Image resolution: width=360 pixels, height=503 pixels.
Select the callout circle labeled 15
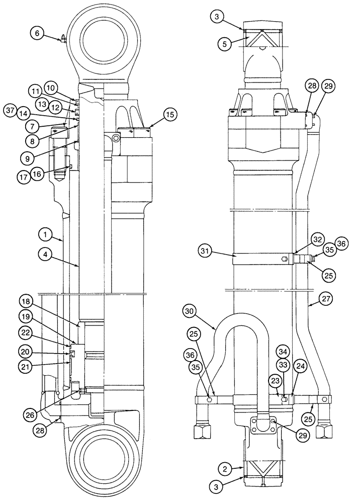point(170,115)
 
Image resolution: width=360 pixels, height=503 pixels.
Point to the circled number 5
point(226,44)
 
